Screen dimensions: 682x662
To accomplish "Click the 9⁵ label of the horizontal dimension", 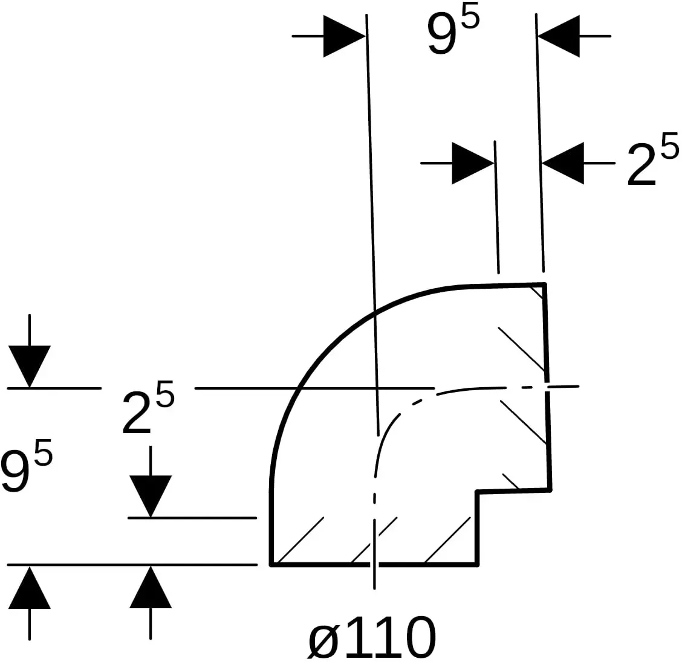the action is pos(453,33).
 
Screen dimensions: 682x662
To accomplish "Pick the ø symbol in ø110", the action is pos(323,641).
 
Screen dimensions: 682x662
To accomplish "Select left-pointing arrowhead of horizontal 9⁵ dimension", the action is pos(559,36).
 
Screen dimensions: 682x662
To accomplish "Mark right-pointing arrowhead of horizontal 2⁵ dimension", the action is pos(473,163).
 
